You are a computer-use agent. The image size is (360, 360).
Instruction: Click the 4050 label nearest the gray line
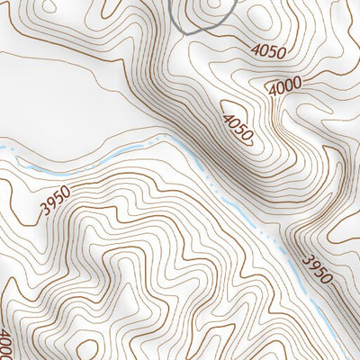tap(269, 50)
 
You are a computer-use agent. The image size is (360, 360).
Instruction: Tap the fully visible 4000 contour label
tap(284, 86)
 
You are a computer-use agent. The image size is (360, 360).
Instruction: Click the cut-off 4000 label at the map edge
tap(4, 345)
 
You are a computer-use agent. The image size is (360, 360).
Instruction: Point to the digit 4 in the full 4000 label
tap(272, 90)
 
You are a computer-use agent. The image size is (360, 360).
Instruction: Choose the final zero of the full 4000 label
tap(297, 83)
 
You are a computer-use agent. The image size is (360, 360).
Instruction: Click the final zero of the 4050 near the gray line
tap(282, 52)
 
